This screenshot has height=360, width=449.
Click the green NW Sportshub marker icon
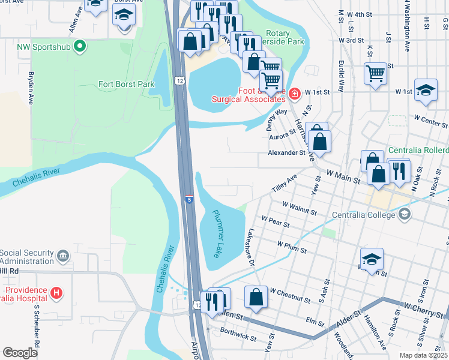pyautogui.click(x=80, y=46)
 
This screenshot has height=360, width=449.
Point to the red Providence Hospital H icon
pyautogui.click(x=56, y=293)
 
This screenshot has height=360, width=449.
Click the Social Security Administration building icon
pyautogui.click(x=63, y=257)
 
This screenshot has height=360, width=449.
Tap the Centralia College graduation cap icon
pyautogui.click(x=404, y=214)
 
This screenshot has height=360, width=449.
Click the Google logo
pyautogui.click(x=20, y=353)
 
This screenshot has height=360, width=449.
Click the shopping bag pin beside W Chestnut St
pyautogui.click(x=256, y=298)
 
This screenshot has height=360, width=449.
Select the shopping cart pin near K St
pyautogui.click(x=376, y=74)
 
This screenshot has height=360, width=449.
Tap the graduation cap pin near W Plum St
pyautogui.click(x=372, y=259)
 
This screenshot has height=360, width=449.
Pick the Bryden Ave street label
pyautogui.click(x=31, y=89)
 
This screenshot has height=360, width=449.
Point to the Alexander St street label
pyautogui.click(x=286, y=153)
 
